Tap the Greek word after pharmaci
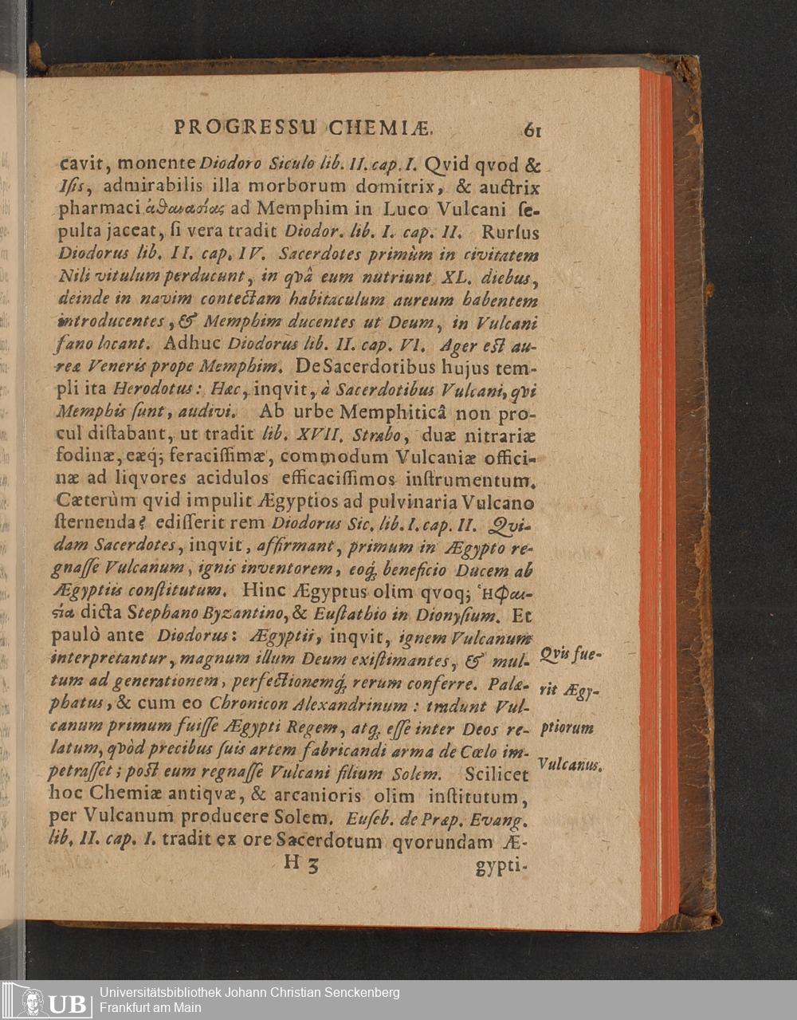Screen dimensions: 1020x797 click(184, 210)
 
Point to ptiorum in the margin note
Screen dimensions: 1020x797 click(567, 728)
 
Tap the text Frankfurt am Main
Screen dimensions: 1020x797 click(150, 1008)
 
